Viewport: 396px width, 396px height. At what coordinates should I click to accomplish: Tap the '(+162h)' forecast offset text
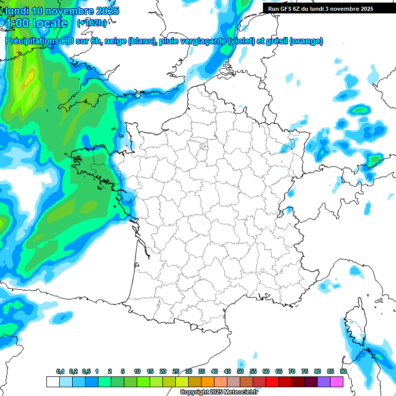[92, 23]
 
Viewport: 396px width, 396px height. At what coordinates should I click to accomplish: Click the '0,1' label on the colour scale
[60, 371]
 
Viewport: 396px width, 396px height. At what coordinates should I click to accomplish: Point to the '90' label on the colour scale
[343, 371]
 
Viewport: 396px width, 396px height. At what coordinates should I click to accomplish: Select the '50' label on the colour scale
[240, 371]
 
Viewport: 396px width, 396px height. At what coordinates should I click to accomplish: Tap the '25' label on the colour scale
[176, 371]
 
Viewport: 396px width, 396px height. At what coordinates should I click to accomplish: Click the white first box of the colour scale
[53, 382]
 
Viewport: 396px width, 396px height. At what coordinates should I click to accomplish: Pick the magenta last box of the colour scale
[337, 382]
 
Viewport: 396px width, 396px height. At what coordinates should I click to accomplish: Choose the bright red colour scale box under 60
[272, 382]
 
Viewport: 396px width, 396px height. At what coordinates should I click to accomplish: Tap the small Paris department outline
[203, 146]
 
